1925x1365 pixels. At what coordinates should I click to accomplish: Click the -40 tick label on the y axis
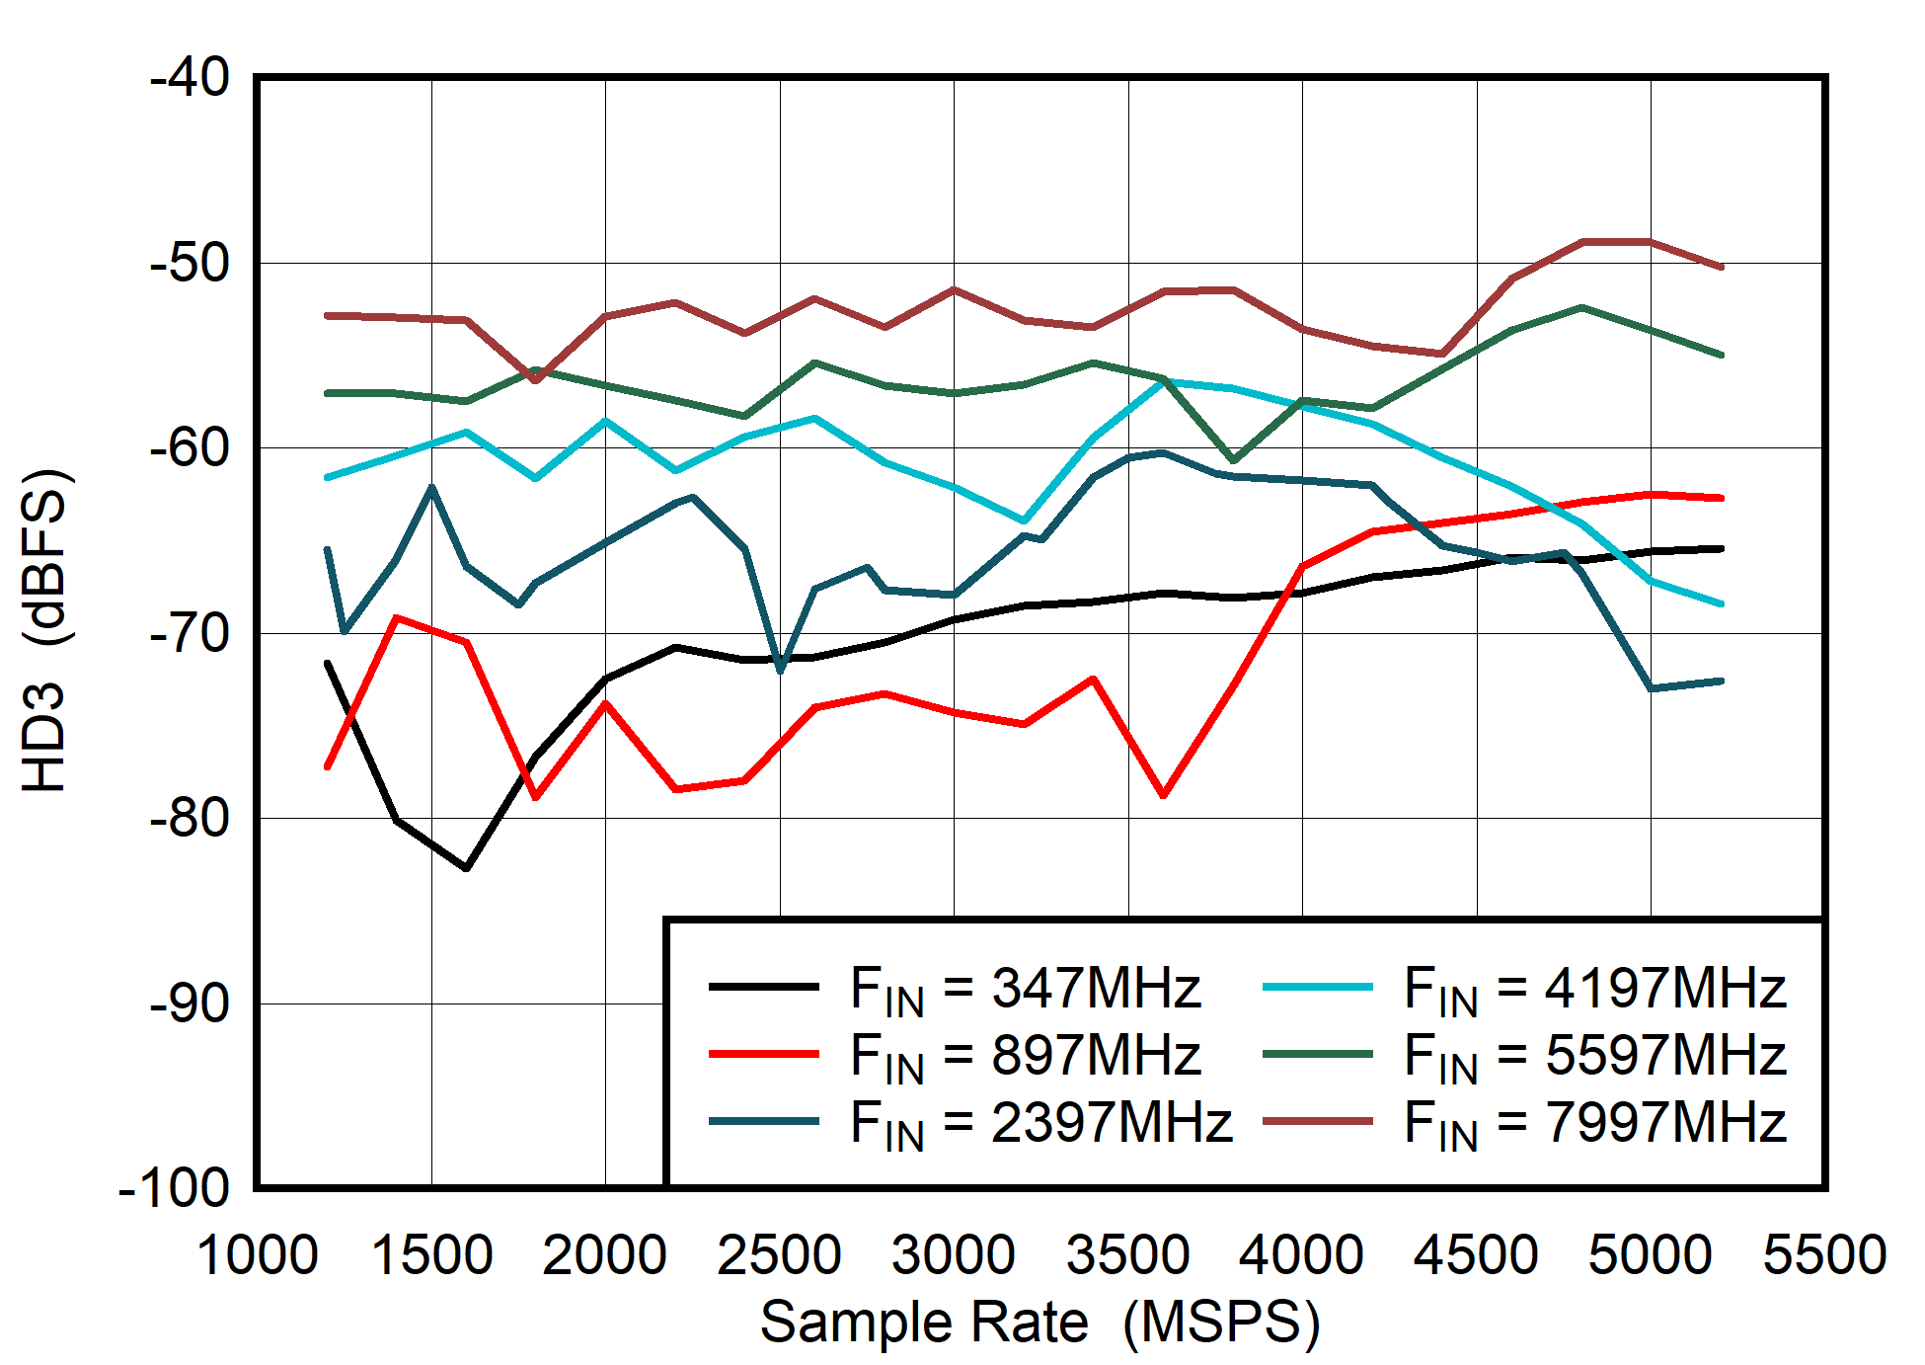tap(190, 77)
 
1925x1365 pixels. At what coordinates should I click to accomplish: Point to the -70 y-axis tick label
tap(190, 633)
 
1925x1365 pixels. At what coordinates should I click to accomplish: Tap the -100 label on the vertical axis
tap(174, 1188)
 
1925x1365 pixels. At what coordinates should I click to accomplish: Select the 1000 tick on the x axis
tap(257, 1255)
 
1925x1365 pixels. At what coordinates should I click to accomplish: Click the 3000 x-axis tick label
tap(953, 1255)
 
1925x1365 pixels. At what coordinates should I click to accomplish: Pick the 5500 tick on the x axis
tap(1824, 1255)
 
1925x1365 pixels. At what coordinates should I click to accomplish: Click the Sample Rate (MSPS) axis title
tap(1039, 1322)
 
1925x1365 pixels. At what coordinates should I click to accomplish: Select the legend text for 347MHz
tap(1025, 988)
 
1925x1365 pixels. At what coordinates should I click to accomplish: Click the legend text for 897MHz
tap(1025, 1055)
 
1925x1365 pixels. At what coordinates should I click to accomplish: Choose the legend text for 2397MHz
tap(1040, 1122)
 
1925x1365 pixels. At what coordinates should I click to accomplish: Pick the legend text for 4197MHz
tap(1594, 988)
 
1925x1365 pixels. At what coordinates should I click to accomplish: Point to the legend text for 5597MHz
tap(1594, 1055)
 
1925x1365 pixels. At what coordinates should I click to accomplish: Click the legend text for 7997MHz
tap(1594, 1122)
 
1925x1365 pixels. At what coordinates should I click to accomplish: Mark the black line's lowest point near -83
tap(466, 867)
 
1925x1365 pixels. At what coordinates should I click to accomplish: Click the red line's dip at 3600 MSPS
tap(1164, 795)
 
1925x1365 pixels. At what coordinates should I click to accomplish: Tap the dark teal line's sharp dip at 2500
tap(781, 671)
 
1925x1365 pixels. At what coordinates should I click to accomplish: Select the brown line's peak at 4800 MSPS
tap(1581, 242)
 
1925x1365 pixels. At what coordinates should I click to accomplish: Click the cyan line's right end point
tap(1721, 603)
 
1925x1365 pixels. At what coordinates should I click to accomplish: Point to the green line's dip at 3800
tap(1233, 460)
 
